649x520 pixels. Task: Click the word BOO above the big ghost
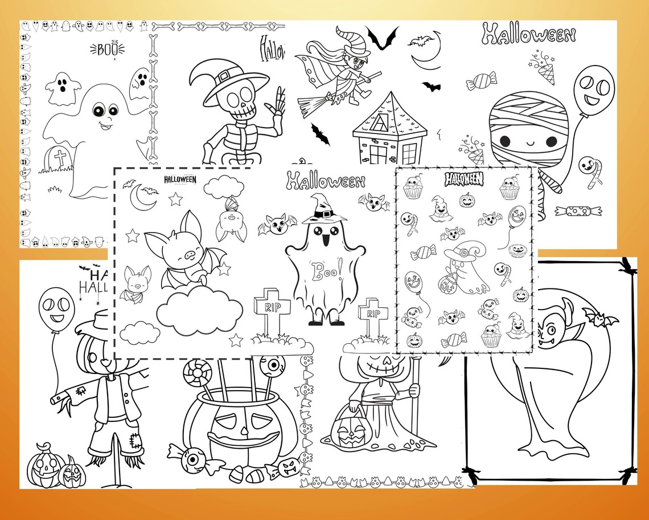tap(103, 49)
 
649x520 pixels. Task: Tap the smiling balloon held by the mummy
tap(593, 88)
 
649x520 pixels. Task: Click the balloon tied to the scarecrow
tap(56, 310)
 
